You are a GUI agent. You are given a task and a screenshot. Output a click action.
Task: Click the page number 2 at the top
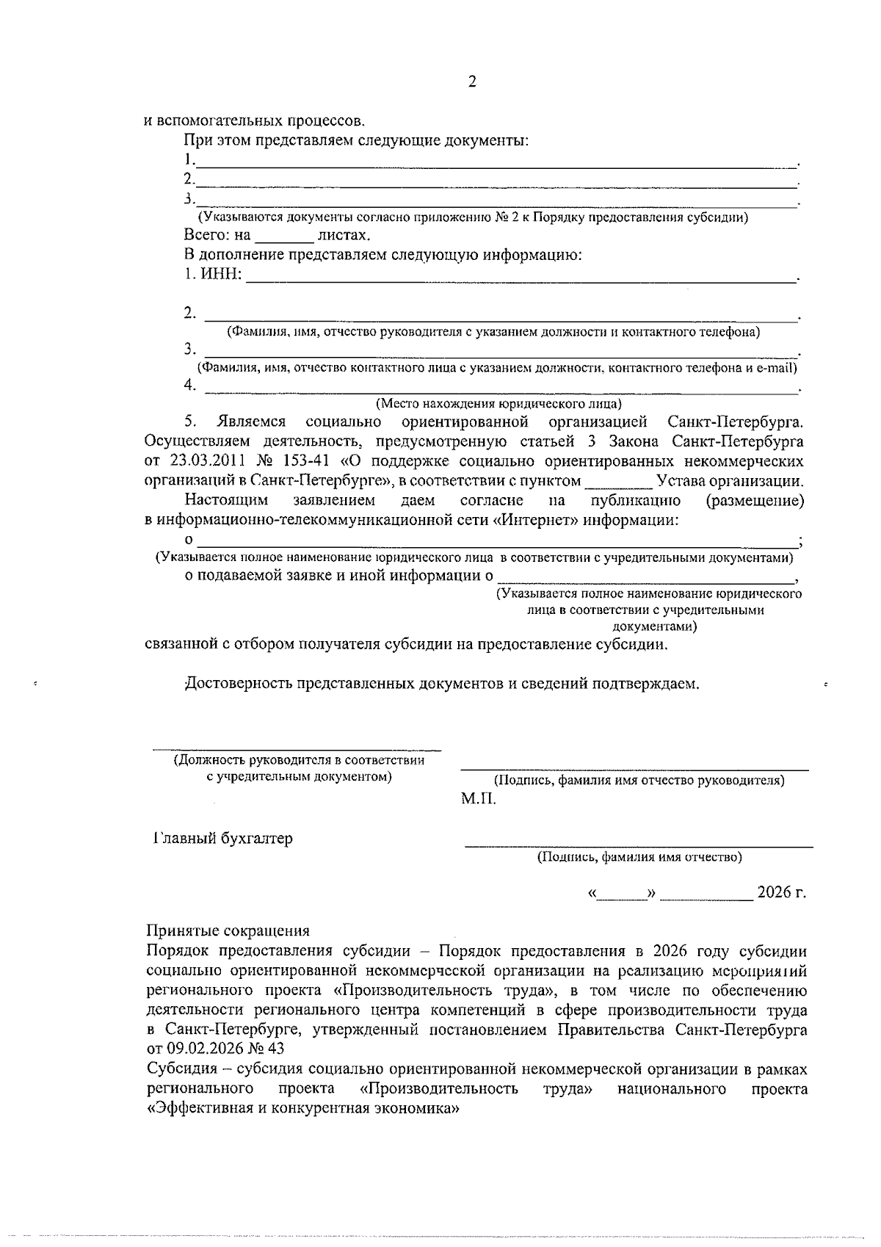tap(472, 82)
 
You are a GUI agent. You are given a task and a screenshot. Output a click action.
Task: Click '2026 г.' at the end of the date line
tap(781, 892)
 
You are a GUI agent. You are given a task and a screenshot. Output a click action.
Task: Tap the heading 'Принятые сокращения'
tap(228, 931)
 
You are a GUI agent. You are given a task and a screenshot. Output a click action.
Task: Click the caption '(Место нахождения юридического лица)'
tap(498, 403)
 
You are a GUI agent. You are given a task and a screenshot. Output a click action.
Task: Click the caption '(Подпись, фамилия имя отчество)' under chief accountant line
tap(639, 856)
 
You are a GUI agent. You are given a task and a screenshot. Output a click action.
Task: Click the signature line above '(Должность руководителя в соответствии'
tap(297, 750)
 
